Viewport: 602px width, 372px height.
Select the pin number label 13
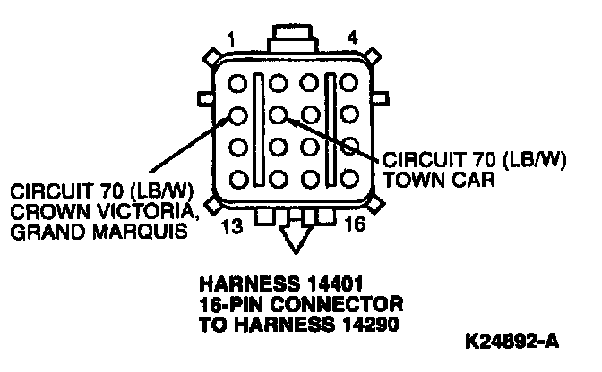click(231, 225)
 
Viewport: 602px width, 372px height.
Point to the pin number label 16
click(354, 225)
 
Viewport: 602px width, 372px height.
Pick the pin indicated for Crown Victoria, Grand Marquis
click(238, 114)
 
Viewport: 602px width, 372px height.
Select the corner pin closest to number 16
click(349, 176)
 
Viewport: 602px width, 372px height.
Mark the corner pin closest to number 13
click(238, 176)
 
